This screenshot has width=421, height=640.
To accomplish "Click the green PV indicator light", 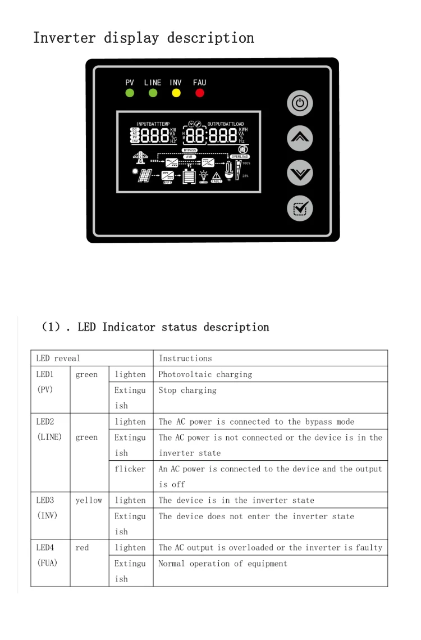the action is pyautogui.click(x=130, y=93).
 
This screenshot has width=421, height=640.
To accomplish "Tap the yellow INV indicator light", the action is pyautogui.click(x=176, y=93).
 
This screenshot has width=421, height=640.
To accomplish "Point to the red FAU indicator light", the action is pyautogui.click(x=199, y=93).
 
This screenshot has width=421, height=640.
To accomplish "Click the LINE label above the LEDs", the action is pyautogui.click(x=153, y=83).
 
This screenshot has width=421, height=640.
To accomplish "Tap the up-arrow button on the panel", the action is pyautogui.click(x=300, y=138).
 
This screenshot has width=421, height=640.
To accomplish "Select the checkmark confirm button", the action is pyautogui.click(x=300, y=208).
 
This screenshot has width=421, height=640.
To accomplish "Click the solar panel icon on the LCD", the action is pyautogui.click(x=145, y=175).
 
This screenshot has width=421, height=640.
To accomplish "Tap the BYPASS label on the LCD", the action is pyautogui.click(x=190, y=151).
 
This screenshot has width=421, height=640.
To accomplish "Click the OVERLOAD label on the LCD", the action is pyautogui.click(x=240, y=157).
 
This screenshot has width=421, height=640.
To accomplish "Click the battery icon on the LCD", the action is pyautogui.click(x=189, y=176).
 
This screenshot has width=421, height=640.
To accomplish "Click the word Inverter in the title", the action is pyautogui.click(x=63, y=38).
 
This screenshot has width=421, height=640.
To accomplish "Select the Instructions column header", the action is pyautogui.click(x=185, y=358).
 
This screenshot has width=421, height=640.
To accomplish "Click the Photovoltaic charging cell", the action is pyautogui.click(x=205, y=374).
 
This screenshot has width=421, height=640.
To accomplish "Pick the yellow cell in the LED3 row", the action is pyautogui.click(x=89, y=500).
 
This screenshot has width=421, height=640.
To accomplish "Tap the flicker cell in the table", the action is pyautogui.click(x=130, y=469).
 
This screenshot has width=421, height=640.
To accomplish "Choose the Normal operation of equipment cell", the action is pyautogui.click(x=223, y=564).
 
